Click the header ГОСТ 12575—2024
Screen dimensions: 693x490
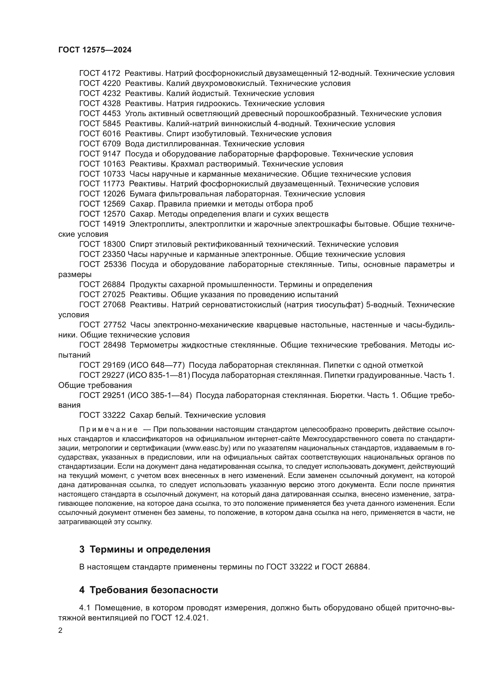[95, 50]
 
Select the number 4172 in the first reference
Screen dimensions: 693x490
[111, 73]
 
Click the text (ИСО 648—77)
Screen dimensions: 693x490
[156, 365]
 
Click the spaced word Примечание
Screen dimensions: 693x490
[108, 430]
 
